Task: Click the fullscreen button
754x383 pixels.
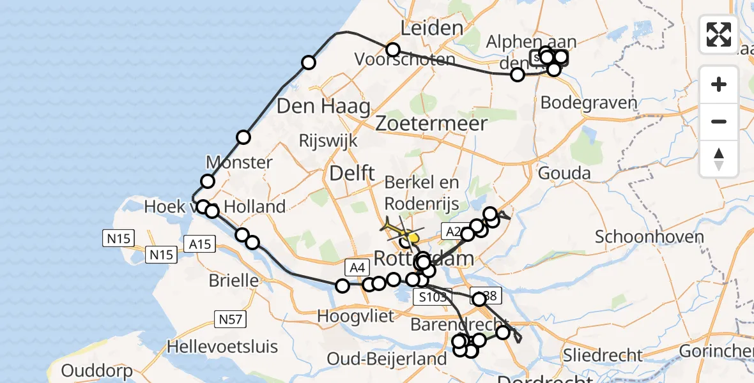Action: (719, 34)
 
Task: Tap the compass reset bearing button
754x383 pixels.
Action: (719, 159)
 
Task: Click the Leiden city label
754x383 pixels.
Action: (431, 27)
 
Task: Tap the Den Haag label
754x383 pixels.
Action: (323, 106)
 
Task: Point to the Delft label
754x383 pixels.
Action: (351, 172)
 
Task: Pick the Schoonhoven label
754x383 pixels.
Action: (649, 237)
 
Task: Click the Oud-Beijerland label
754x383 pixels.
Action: (387, 359)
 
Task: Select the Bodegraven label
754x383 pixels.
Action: (589, 103)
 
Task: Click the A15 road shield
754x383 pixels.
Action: (200, 243)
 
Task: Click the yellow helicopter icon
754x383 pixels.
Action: (399, 230)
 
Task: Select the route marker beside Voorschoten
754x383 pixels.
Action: (392, 50)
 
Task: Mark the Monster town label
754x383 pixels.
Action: (239, 162)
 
